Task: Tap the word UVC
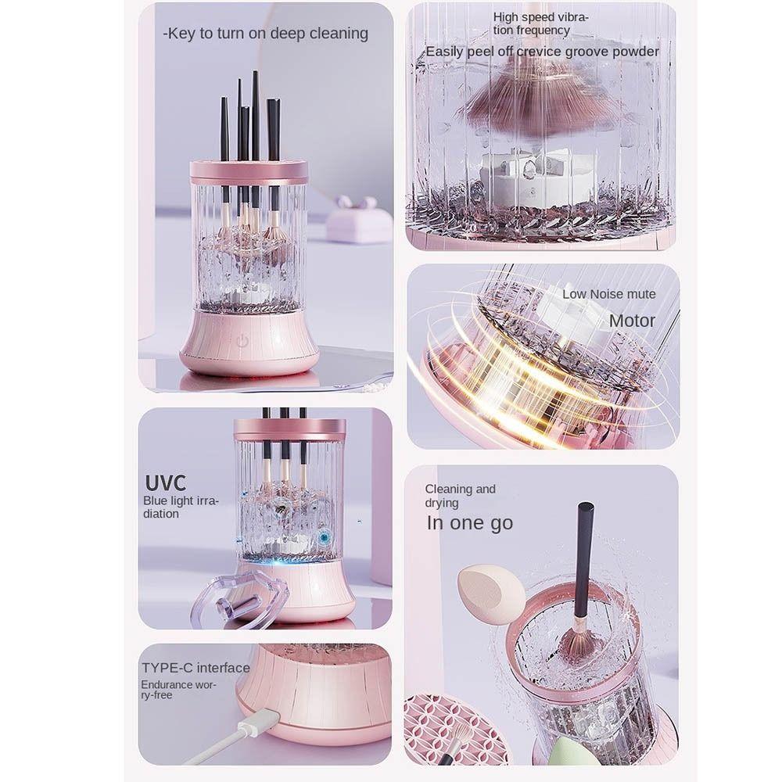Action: click(x=165, y=481)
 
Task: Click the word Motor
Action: click(x=632, y=321)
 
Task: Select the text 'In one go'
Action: click(x=469, y=523)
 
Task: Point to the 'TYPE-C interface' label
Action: click(x=195, y=668)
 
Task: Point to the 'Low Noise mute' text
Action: click(x=608, y=294)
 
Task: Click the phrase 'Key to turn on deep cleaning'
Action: click(x=265, y=34)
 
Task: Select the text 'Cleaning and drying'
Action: click(x=461, y=496)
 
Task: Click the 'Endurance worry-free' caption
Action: click(x=178, y=690)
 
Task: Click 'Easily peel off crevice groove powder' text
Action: click(x=542, y=52)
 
